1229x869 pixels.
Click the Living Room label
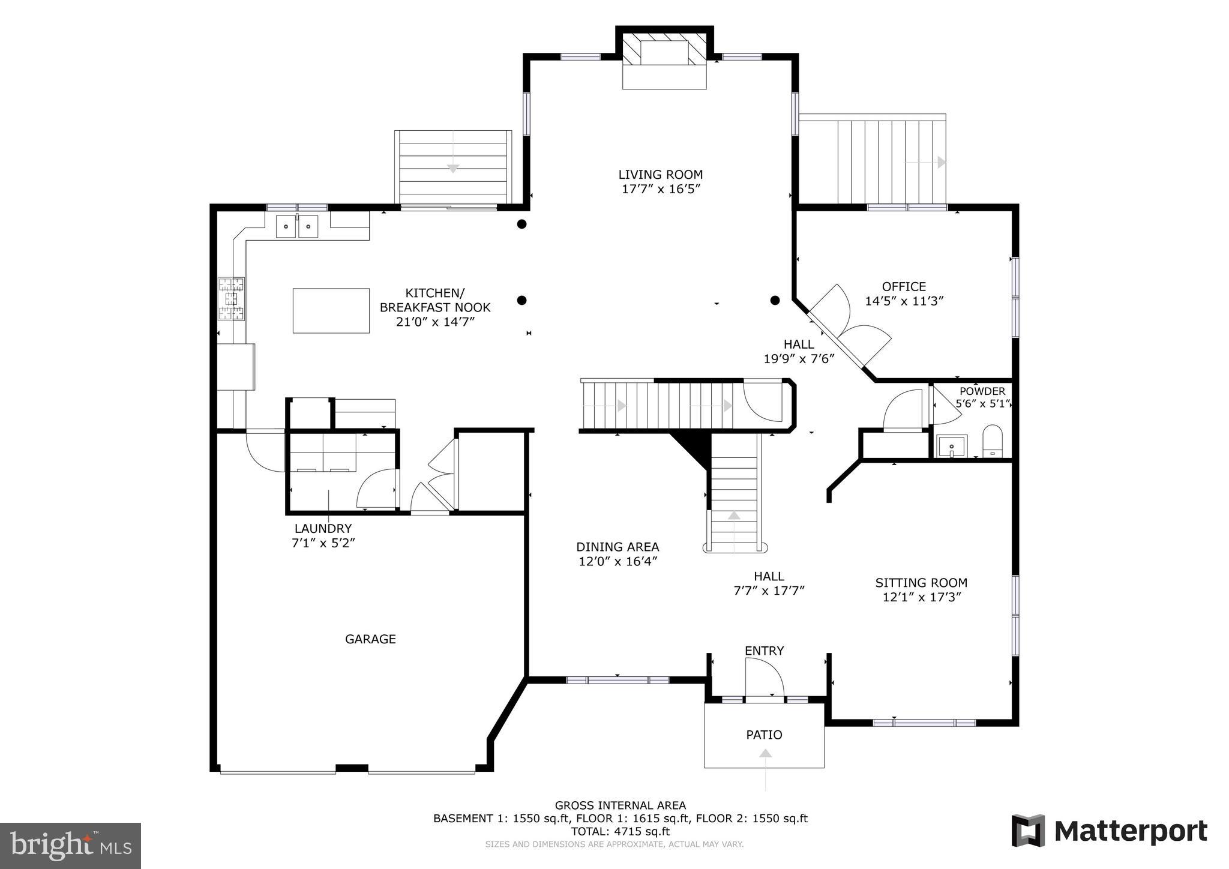click(x=660, y=175)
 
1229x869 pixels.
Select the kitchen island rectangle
click(x=331, y=310)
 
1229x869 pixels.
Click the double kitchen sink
click(x=297, y=227)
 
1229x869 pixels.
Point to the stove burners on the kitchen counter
click(x=232, y=298)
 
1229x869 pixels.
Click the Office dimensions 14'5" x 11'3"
click(x=904, y=301)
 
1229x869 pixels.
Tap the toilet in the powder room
click(x=993, y=442)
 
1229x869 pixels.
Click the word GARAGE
click(x=370, y=639)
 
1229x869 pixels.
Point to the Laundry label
click(x=323, y=529)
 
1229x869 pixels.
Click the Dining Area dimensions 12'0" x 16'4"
click(x=618, y=562)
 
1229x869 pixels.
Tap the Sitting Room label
click(x=921, y=583)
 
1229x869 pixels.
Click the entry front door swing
click(x=763, y=678)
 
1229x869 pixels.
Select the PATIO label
click(x=764, y=735)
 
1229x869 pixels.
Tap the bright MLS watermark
click(x=71, y=846)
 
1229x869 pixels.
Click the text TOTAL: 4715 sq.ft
click(x=620, y=832)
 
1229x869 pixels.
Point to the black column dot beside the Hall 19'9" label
click(x=775, y=300)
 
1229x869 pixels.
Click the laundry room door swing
click(x=377, y=489)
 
